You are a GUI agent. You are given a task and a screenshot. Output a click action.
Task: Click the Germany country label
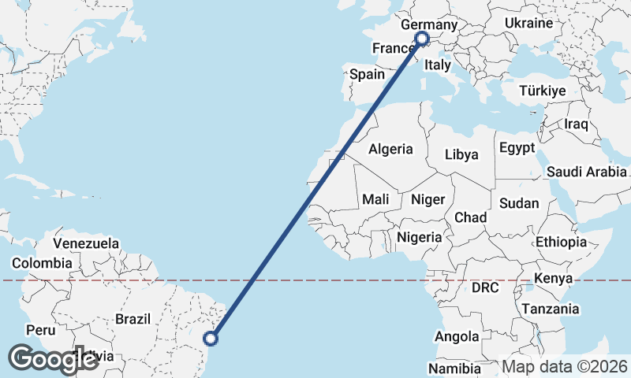[428, 25]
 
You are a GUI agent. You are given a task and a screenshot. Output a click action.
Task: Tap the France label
[393, 49]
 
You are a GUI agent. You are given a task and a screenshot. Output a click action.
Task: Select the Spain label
[367, 75]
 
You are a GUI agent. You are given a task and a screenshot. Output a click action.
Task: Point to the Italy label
[437, 67]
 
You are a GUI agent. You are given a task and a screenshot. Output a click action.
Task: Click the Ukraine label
[528, 23]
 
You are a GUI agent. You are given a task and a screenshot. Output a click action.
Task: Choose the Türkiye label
[543, 91]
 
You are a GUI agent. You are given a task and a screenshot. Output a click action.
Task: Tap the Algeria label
[390, 149]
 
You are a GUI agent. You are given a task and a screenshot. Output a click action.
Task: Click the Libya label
[461, 154]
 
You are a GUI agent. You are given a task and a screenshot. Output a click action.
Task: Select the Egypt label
[517, 148]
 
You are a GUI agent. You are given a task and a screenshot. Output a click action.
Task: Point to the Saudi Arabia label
[586, 172]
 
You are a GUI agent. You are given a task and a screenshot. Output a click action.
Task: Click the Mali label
[375, 200]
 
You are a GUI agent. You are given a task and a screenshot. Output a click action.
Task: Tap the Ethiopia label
[561, 242]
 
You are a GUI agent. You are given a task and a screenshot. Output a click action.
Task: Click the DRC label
[485, 288]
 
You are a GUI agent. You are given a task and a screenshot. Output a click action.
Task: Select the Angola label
[457, 337]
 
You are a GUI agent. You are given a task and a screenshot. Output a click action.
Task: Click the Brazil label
[133, 319]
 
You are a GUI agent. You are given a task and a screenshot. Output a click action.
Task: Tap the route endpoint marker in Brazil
[211, 339]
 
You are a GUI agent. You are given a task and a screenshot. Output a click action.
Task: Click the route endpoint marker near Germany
[421, 38]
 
